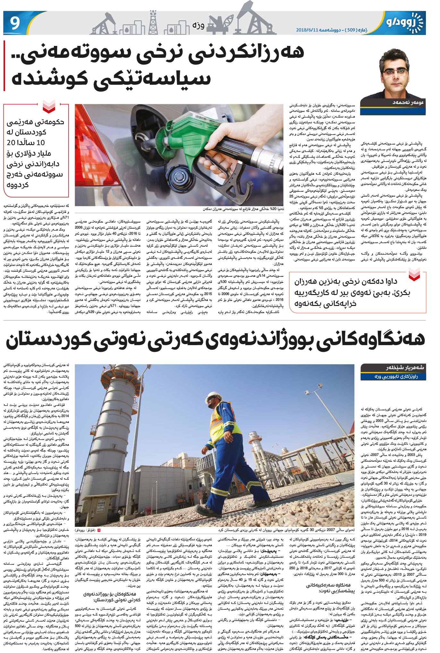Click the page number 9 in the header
15,23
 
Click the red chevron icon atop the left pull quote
49,107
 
